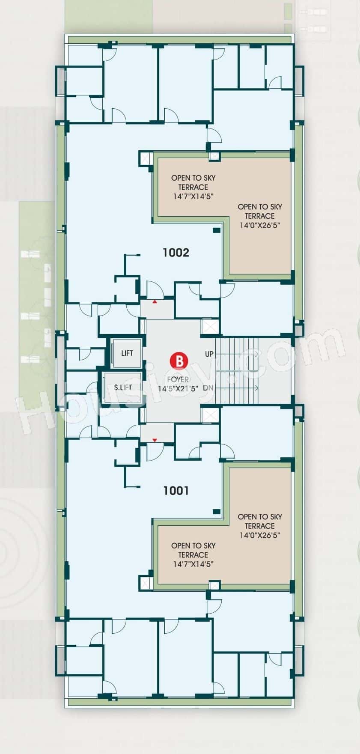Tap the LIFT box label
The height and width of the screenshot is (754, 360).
127,353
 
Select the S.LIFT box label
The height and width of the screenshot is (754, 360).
123,387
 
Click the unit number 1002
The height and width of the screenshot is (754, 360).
176,253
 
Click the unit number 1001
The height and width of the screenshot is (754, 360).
176,490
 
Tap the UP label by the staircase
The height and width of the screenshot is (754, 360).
209,354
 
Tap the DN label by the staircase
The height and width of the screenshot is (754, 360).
209,388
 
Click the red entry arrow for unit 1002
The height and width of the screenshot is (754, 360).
155,302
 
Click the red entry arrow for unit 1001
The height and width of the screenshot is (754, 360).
155,440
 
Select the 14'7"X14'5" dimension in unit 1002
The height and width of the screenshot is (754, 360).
193,197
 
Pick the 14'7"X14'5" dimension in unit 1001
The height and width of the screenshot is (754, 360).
193,564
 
